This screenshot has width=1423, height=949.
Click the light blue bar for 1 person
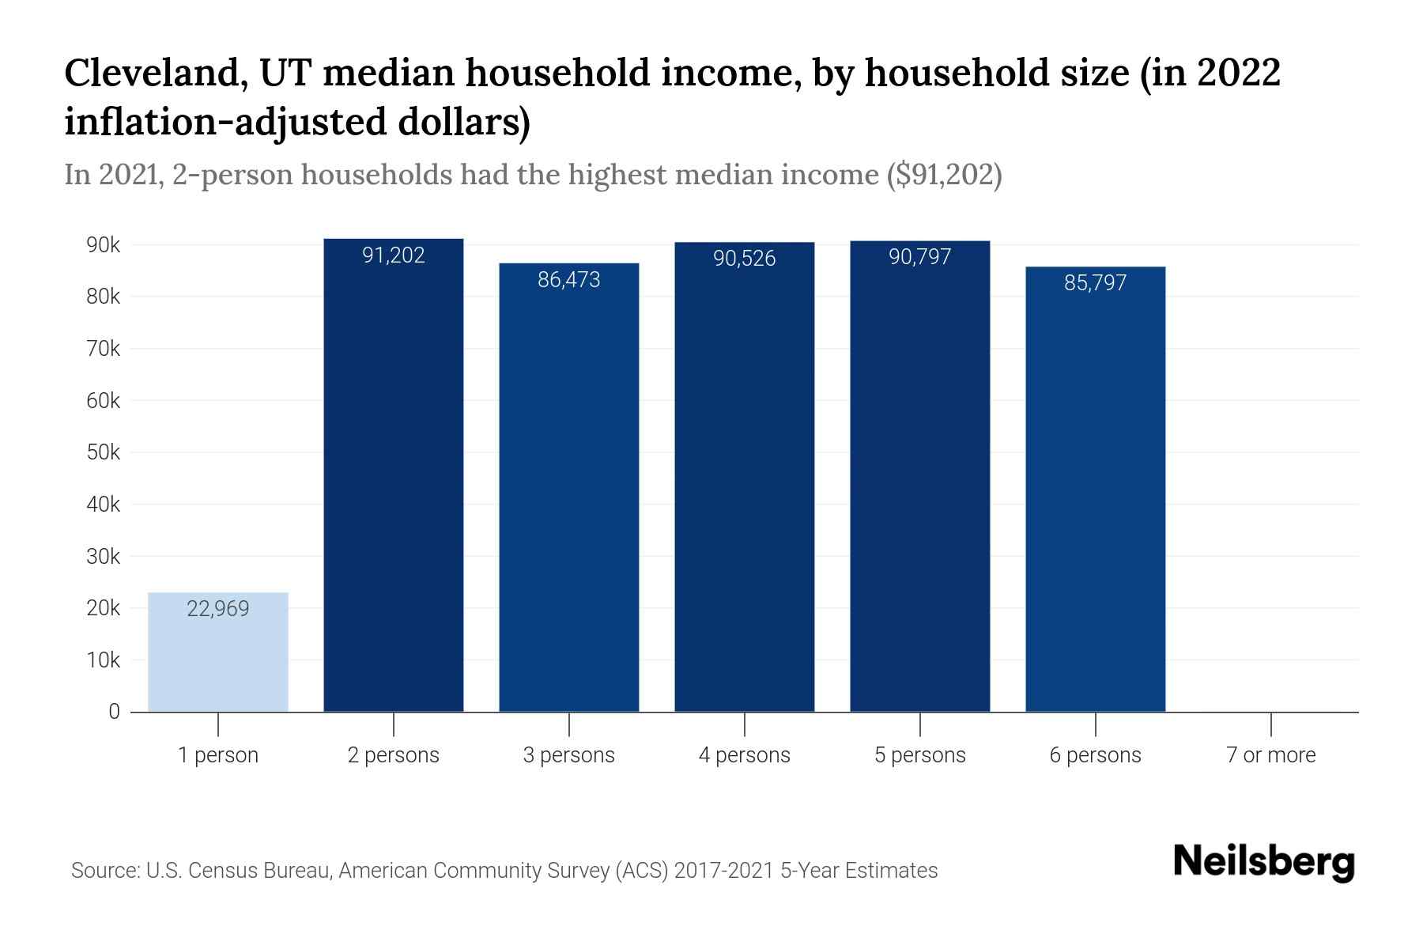click(x=218, y=652)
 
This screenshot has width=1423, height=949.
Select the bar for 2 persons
click(x=394, y=475)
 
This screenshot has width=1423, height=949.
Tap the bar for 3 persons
click(x=569, y=486)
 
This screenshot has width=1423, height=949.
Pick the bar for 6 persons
click(x=1096, y=490)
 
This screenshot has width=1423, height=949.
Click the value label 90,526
click(x=745, y=259)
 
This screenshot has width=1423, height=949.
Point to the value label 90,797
click(x=920, y=257)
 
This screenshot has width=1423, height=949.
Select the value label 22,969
click(x=218, y=609)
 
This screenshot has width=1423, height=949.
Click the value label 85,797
click(x=1096, y=283)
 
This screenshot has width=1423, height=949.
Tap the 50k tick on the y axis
click(x=103, y=452)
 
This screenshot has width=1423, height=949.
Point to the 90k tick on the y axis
click(x=103, y=245)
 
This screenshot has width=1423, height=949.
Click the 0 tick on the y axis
click(x=114, y=712)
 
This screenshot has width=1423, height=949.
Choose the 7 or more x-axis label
click(x=1271, y=755)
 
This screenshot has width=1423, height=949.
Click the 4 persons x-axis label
click(x=745, y=755)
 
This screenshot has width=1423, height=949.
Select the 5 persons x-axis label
click(x=920, y=755)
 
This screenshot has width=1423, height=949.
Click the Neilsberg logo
click(x=1264, y=863)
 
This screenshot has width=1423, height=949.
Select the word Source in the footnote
click(x=103, y=871)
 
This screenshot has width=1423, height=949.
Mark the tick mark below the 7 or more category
click(x=1271, y=724)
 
